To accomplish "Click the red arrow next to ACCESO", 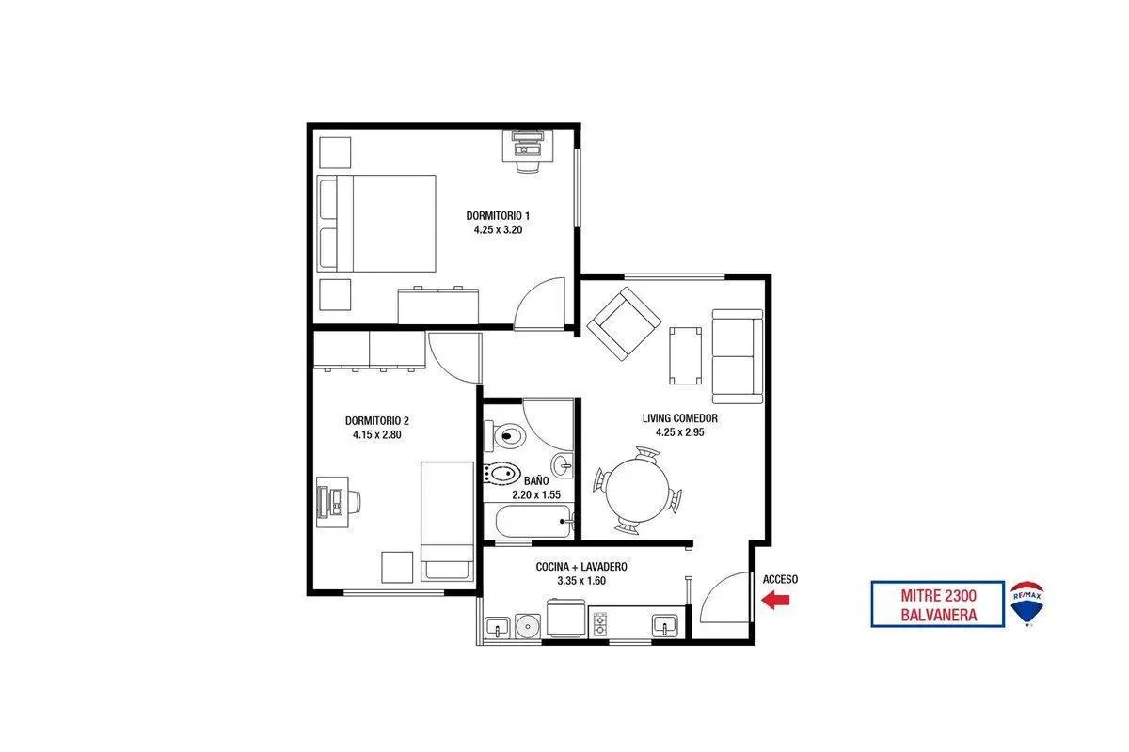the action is (x=775, y=600).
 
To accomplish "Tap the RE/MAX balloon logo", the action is (x=1026, y=603).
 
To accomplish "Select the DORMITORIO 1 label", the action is (x=498, y=215).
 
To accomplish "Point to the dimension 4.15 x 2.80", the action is (x=377, y=434).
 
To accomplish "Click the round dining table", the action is (x=637, y=491).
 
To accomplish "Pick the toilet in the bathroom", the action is (x=505, y=435).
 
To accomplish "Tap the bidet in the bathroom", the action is (x=502, y=474).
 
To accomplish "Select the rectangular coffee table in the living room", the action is (x=685, y=355).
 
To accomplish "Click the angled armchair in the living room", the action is (x=624, y=323).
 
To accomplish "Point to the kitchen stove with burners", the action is (x=600, y=624).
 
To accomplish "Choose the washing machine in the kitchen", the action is (x=565, y=618).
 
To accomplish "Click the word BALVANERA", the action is (x=939, y=615).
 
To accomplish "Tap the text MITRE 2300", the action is (x=939, y=596).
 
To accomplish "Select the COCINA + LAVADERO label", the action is (x=581, y=567).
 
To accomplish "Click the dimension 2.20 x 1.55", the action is (x=536, y=494).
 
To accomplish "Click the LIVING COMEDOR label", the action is (x=679, y=418).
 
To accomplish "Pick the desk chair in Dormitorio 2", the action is (x=354, y=501).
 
